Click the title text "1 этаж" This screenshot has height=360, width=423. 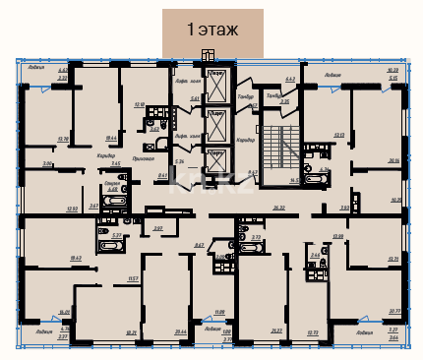212,30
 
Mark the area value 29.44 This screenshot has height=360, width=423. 180,332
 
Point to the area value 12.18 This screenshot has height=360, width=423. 140,102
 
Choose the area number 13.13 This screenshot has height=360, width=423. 339,135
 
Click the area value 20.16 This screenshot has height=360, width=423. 393,160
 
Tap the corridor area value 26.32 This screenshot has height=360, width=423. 278,208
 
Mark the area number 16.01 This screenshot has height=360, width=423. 64,312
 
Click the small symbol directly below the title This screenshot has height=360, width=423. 207,54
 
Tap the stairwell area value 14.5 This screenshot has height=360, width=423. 293,181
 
